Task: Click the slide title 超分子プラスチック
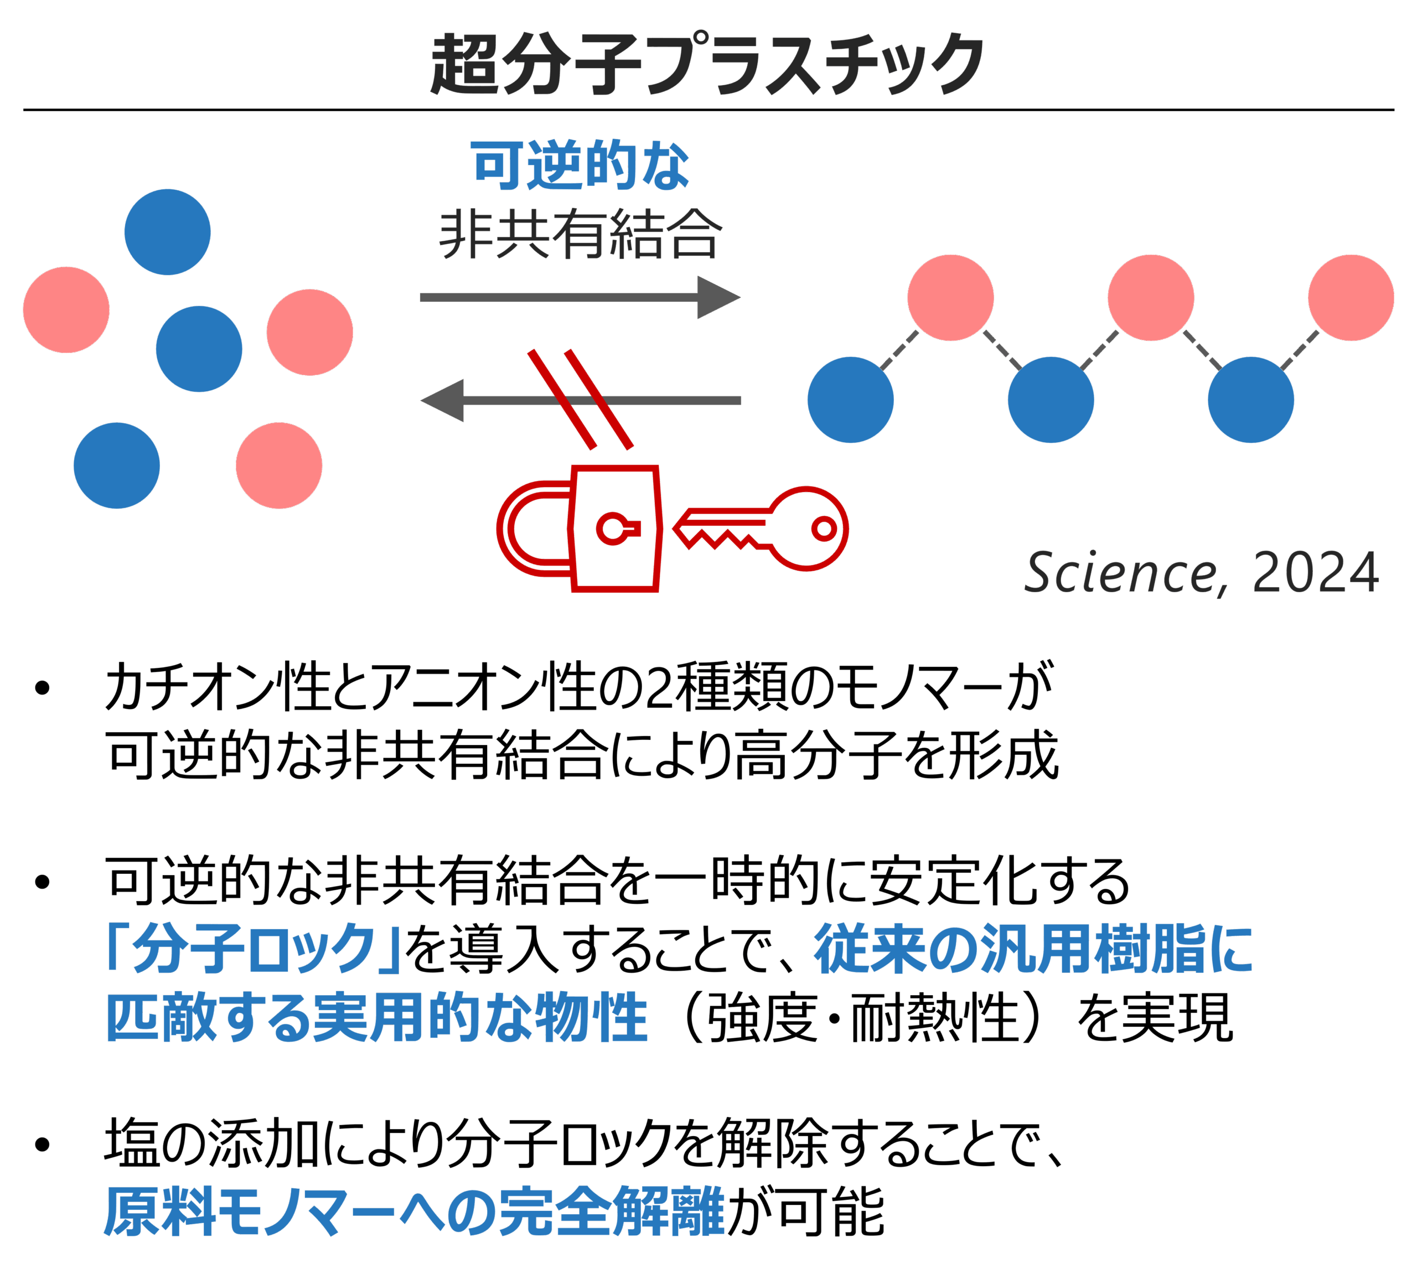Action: [706, 65]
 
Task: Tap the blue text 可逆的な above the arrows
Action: [580, 166]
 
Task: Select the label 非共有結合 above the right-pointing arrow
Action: [580, 234]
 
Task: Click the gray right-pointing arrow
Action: [580, 297]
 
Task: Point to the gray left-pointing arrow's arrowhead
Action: [443, 401]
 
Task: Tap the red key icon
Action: [763, 529]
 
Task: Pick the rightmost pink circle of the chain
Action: [1351, 297]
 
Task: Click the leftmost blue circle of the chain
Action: [851, 400]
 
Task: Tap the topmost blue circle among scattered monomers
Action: [167, 232]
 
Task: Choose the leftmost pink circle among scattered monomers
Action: [66, 309]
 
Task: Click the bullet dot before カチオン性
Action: [42, 688]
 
